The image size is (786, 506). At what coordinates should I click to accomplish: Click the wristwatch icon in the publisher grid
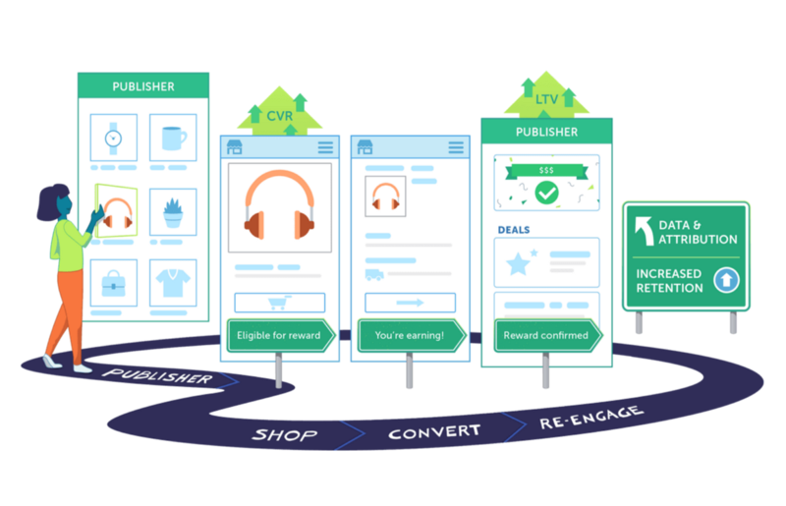coord(113,138)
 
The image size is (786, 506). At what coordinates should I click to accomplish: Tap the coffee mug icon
coord(173,138)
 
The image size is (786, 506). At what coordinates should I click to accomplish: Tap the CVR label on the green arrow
coord(280,116)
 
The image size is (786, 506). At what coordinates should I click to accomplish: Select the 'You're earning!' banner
coord(409,336)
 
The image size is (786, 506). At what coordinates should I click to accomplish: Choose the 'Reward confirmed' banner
coord(545,336)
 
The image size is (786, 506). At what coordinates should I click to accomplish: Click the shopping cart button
coord(279,303)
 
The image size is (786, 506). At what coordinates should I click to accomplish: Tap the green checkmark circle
coord(545,192)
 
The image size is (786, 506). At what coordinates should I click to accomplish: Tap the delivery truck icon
coord(373,275)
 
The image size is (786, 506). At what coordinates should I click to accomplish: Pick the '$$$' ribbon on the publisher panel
coord(545,170)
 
